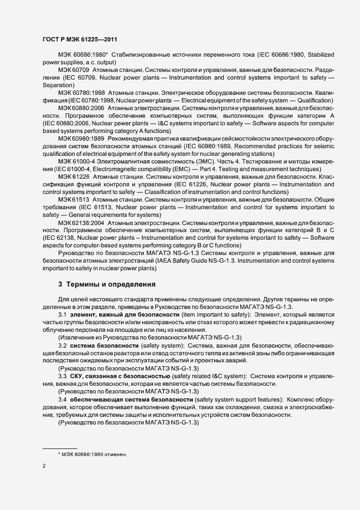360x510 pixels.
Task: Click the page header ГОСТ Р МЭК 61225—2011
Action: tap(80, 40)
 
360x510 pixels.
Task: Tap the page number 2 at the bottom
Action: tap(44, 466)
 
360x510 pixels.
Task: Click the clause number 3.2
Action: tap(63, 346)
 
